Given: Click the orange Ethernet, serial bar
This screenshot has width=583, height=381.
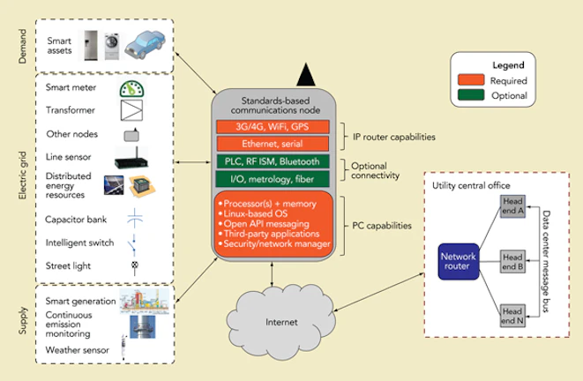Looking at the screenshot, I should [x=273, y=143].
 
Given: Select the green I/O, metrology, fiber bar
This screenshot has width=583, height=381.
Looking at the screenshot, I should [x=273, y=178].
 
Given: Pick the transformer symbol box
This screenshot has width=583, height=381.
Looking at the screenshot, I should [x=131, y=112].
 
